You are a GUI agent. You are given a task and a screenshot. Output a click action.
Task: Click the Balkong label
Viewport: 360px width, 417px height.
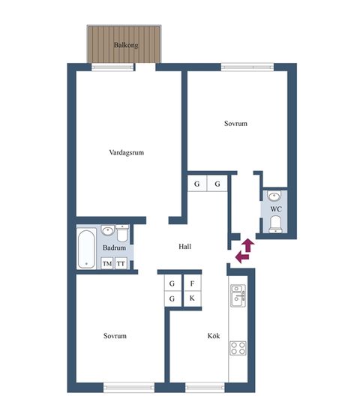tap(126, 45)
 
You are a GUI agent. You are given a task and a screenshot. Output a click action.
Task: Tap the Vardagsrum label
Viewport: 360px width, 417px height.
tap(126, 152)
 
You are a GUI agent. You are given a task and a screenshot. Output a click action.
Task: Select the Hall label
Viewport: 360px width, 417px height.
tap(184, 247)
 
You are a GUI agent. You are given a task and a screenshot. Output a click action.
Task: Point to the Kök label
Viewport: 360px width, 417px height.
tap(214, 335)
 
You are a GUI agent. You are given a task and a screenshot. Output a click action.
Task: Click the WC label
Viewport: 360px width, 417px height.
tap(276, 209)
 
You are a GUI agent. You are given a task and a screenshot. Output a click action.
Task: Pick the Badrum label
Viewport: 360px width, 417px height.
tap(114, 247)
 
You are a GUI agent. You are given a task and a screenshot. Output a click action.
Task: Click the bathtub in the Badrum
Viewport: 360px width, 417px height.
tap(86, 249)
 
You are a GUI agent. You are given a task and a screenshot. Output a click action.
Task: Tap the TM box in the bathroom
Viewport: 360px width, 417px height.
tap(107, 263)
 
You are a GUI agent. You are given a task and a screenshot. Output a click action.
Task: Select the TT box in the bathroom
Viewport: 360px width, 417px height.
tap(121, 263)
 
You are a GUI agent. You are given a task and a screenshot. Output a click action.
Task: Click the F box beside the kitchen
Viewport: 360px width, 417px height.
tap(192, 283)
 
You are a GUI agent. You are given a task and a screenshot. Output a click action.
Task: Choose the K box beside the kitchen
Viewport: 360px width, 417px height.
tap(192, 298)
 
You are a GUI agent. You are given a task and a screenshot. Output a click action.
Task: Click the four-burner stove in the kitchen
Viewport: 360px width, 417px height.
tap(238, 348)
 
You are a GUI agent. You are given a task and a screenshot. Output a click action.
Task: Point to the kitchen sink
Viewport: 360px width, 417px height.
tap(238, 295)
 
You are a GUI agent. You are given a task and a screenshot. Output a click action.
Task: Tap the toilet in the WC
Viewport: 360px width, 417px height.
tap(275, 224)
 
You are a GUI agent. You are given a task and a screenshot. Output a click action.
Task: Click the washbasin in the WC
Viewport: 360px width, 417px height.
tap(274, 196)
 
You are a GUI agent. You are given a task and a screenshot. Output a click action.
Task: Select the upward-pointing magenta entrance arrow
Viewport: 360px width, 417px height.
tap(248, 245)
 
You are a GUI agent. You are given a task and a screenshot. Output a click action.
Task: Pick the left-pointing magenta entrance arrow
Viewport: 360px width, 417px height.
tap(242, 257)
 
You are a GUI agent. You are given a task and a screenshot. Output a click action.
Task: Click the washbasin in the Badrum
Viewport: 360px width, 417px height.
tap(108, 231)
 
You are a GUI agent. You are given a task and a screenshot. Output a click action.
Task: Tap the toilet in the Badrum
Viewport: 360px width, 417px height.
tap(122, 232)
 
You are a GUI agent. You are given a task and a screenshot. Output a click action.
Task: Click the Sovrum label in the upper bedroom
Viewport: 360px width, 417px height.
tap(235, 124)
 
